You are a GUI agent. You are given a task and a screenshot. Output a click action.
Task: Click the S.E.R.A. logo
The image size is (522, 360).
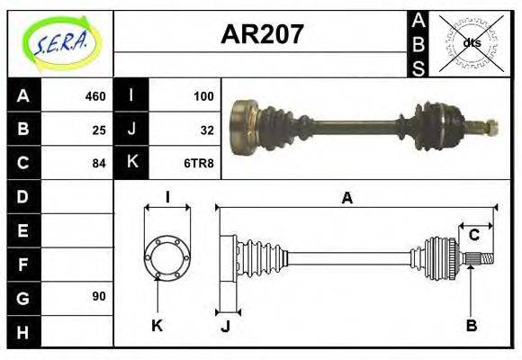59,42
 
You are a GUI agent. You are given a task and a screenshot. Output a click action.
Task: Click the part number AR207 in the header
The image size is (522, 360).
262,35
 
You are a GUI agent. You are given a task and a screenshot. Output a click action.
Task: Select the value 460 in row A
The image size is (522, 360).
94,96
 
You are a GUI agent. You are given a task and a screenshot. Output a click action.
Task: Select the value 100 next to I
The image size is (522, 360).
203,96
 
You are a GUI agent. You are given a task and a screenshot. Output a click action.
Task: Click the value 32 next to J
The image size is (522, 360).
207,130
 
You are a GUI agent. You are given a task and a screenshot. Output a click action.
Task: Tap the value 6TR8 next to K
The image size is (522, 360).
201,163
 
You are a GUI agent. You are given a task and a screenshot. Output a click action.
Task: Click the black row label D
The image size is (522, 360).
23,196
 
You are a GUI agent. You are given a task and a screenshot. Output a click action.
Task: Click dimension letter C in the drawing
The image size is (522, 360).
473,236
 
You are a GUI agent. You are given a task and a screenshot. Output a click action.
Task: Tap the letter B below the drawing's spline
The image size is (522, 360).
471,325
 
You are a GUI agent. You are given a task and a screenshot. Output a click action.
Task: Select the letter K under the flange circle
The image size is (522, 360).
157,325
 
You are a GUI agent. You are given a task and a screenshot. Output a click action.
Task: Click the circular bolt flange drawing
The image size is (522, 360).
167,256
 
